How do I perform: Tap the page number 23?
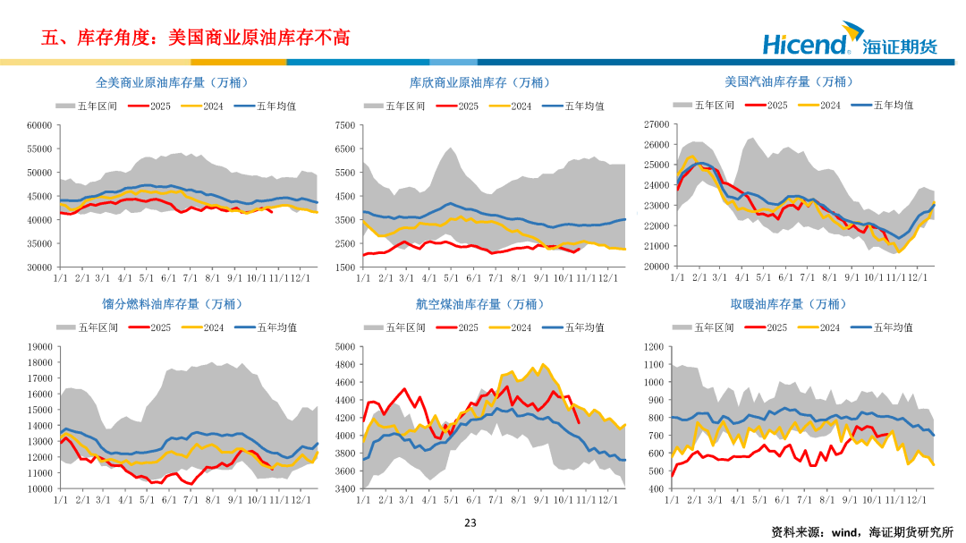pos(470,523)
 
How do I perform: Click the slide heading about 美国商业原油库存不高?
pos(195,38)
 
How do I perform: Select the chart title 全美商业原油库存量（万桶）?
pos(172,82)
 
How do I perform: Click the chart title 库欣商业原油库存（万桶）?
pos(479,82)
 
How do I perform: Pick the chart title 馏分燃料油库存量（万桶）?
pos(172,304)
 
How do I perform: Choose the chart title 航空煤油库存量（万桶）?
pos(479,304)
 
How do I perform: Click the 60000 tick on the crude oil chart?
pos(40,125)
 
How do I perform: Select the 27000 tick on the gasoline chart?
pos(657,124)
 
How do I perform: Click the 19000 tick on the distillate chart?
pos(40,346)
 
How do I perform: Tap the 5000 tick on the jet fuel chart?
pos(348,346)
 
